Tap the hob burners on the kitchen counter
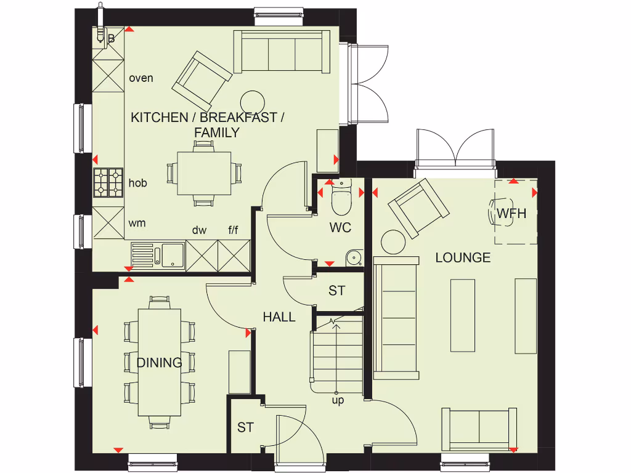point(108,183)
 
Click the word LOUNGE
point(463,257)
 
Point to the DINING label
point(159,363)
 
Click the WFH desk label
point(511,214)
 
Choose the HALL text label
point(279,317)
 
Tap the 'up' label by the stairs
point(338,400)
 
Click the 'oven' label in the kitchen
point(141,78)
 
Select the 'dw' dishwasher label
point(199,230)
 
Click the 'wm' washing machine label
point(137,223)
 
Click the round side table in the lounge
point(393,241)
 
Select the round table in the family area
point(252,101)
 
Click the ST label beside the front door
point(245,427)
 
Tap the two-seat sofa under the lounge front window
point(479,428)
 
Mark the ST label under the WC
point(336,291)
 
